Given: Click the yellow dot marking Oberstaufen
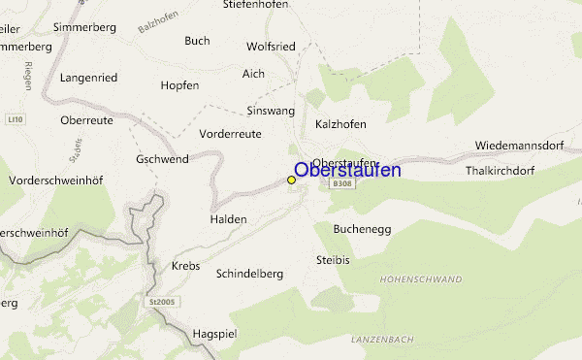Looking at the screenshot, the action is tap(292, 180).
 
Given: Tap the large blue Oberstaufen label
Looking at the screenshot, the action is tap(346, 171).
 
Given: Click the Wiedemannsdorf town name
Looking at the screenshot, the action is tap(520, 146).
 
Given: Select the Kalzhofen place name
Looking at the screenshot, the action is tap(340, 124).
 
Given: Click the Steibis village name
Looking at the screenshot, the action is tap(332, 260).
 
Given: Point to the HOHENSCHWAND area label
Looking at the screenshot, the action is tap(421, 280).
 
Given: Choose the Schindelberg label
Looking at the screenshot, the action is tap(249, 274).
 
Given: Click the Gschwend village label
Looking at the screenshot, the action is tap(162, 159).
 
